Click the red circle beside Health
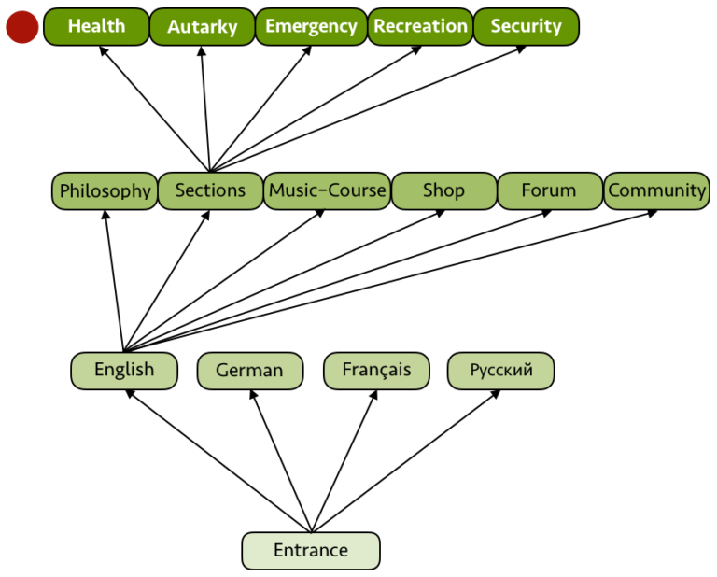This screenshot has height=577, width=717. point(22,27)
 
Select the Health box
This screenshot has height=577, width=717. point(96,27)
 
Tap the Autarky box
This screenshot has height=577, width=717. point(202,27)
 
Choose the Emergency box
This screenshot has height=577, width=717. point(311,27)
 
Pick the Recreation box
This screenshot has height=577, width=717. point(420,27)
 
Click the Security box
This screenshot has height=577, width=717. point(526,27)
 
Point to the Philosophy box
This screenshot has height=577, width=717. point(105,190)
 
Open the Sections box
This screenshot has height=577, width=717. point(210,190)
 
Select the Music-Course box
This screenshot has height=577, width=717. point(327,190)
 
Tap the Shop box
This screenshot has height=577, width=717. point(443,190)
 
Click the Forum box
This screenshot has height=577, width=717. point(549,190)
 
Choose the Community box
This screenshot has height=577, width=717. point(657,190)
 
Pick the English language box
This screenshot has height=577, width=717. point(124,370)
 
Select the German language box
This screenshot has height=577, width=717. point(249,371)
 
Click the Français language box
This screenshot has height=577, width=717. point(376,370)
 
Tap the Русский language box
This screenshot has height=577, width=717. point(501,370)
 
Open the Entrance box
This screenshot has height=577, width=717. point(311,550)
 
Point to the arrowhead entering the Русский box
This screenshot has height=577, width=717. point(497,393)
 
